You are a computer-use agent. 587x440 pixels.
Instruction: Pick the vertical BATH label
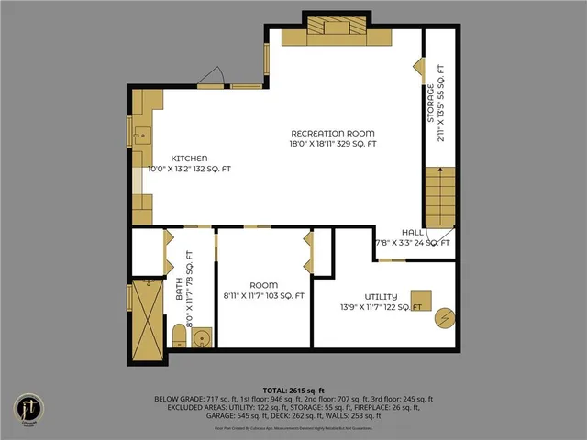180,289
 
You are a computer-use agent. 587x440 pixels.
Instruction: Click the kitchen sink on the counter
142,138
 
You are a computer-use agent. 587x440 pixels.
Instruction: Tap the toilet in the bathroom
180,340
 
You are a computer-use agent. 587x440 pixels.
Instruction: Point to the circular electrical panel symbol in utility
445,317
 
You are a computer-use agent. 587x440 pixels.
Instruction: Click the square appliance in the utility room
420,301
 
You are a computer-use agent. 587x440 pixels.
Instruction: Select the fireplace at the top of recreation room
336,35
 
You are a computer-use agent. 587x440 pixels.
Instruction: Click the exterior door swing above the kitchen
212,77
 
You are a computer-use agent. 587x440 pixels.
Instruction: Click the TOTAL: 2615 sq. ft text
293,390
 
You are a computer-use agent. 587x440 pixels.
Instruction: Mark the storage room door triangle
417,67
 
